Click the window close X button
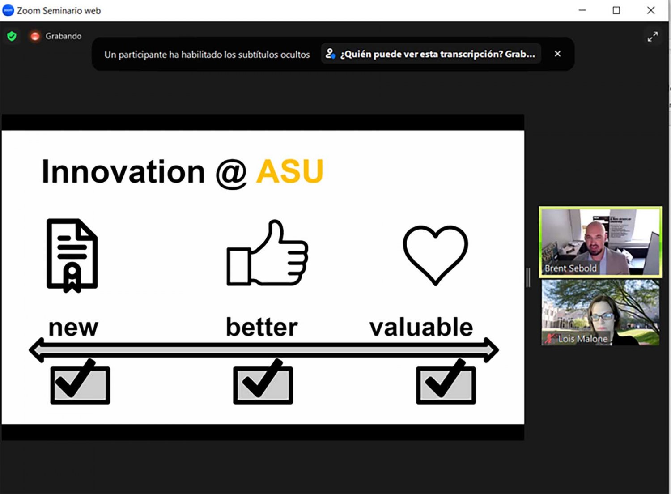(650, 10)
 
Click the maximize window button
(616, 10)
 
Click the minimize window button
(582, 10)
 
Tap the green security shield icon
(12, 36)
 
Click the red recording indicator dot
(35, 36)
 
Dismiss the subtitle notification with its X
(557, 54)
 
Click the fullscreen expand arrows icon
(653, 37)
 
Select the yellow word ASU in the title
(290, 171)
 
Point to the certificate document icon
(72, 256)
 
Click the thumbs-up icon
(267, 252)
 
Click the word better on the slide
(262, 327)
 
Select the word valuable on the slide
(421, 327)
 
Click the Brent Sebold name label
(570, 268)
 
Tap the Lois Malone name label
(582, 339)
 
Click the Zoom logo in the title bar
(8, 10)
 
